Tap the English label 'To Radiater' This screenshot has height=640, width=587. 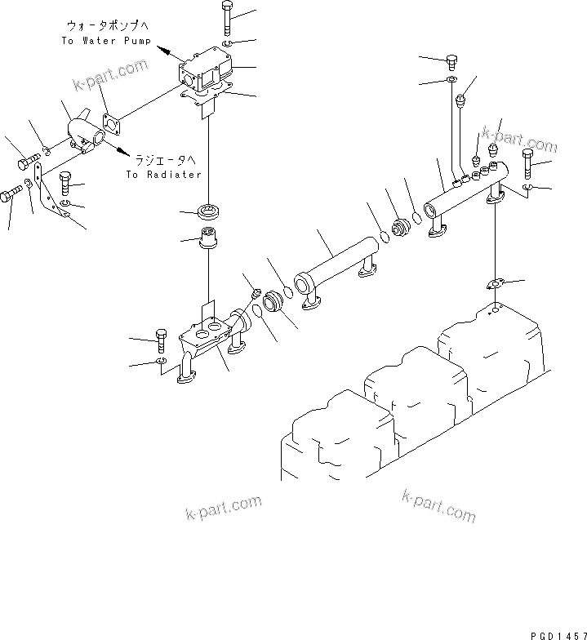163,175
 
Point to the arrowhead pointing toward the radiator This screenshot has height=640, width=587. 121,149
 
